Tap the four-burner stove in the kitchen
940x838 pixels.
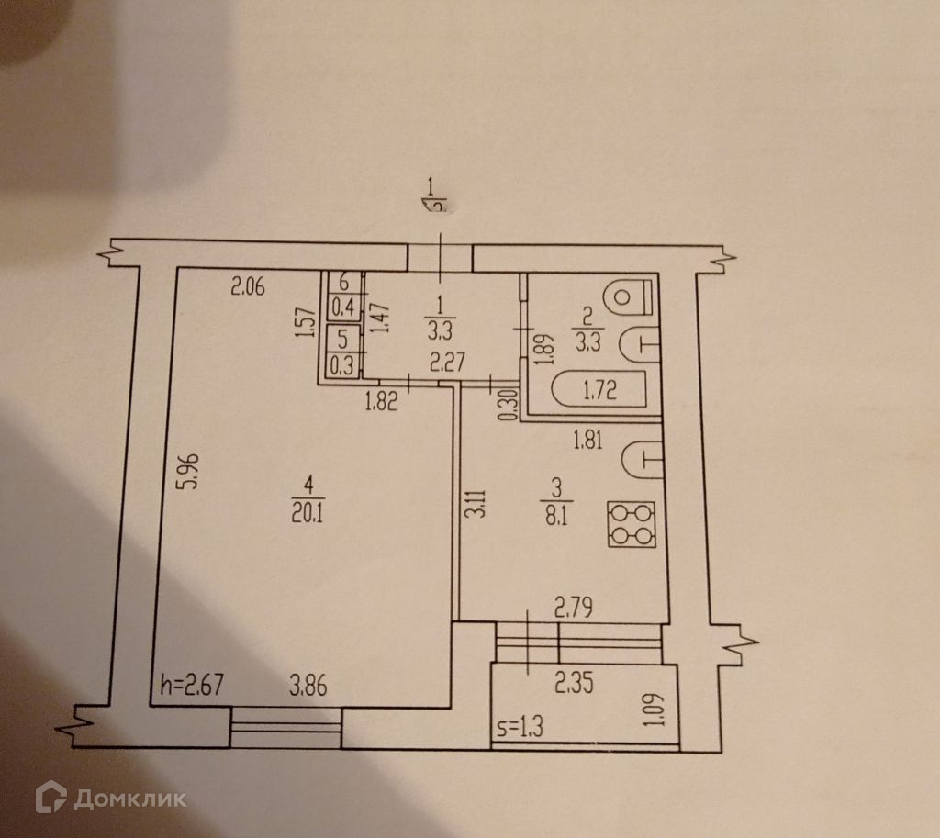[x=632, y=524]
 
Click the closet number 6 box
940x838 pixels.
[x=343, y=282]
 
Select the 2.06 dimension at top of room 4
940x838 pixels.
[x=247, y=287]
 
